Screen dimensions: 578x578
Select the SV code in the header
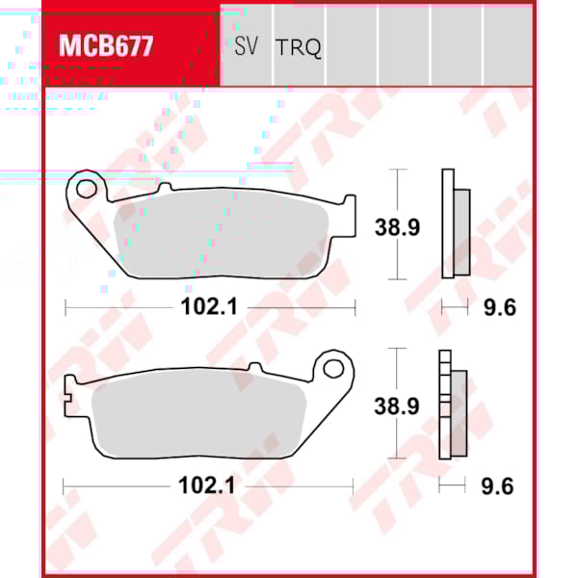coord(246,45)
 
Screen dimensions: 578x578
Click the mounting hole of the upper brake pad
coord(89,188)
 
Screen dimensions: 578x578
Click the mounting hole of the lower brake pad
coord(334,368)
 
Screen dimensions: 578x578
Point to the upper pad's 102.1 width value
coord(209,307)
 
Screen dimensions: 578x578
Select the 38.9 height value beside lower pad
coord(397,406)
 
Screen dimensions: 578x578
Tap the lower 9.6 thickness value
coord(497,486)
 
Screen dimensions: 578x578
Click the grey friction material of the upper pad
coord(222,241)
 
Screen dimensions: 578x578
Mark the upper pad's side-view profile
coord(454,223)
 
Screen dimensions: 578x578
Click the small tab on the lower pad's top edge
coord(254,367)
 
